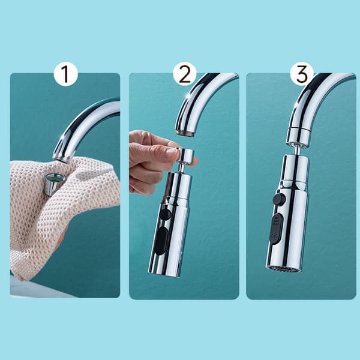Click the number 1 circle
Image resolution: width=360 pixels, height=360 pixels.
coord(66,74)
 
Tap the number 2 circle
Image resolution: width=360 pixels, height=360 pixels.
coord(185,74)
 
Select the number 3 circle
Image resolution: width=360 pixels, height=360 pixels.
coord(302,74)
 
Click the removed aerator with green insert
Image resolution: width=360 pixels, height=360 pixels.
coord(55,184)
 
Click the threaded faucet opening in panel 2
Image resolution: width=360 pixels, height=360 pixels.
coord(185,133)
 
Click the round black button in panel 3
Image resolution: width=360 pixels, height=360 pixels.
coord(279,199)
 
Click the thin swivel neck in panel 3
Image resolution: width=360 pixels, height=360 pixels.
coord(296,150)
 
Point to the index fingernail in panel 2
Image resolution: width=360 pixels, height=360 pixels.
coord(172,151)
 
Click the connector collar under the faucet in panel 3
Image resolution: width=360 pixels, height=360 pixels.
coord(298,136)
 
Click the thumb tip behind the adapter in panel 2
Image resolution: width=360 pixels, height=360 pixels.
coord(195,161)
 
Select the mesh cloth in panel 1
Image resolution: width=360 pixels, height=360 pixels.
coord(62,211)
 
